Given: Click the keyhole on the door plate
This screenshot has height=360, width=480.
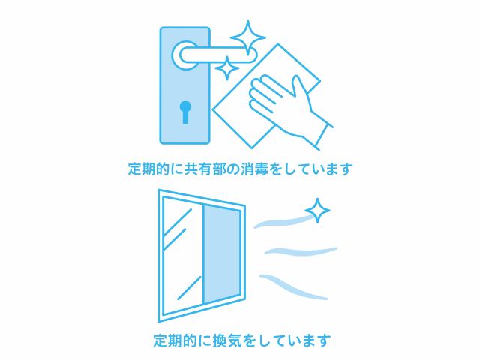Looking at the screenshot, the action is [x=185, y=112].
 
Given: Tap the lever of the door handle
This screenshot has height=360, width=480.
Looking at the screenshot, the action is [x=218, y=55].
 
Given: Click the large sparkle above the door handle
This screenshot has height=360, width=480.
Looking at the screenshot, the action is [x=248, y=37].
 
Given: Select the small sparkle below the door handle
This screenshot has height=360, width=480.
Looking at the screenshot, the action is [x=227, y=68].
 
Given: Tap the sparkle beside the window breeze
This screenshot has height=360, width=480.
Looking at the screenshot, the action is [x=318, y=211].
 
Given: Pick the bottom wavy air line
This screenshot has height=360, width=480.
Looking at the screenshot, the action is [x=293, y=286].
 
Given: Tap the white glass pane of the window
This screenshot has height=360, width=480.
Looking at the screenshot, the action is [x=182, y=256].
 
